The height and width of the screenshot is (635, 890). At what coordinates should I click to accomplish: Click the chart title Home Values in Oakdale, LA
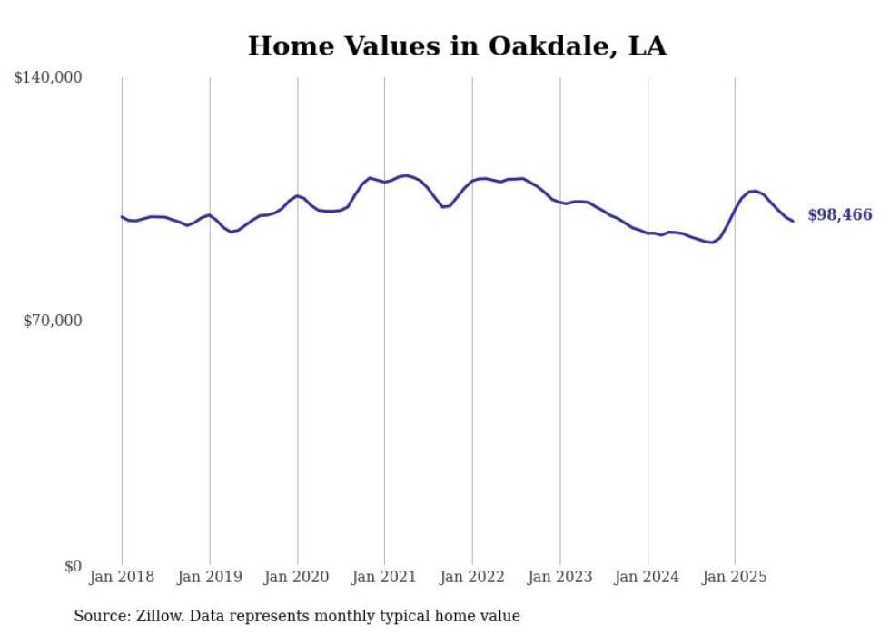click(457, 46)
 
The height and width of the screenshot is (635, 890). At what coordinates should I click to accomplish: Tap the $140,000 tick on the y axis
click(48, 78)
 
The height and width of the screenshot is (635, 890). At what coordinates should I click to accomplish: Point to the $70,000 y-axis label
click(52, 321)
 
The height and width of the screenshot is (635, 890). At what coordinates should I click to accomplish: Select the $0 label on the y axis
click(73, 566)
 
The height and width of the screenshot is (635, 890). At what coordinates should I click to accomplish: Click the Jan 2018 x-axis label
click(122, 577)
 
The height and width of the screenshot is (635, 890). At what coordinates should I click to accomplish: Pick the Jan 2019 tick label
click(210, 577)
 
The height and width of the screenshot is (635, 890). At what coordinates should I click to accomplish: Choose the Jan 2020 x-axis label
click(297, 577)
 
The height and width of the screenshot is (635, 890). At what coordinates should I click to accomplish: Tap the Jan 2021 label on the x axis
click(384, 577)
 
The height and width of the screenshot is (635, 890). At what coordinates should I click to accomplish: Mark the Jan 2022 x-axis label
click(472, 577)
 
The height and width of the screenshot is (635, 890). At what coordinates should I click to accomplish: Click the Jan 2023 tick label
click(559, 577)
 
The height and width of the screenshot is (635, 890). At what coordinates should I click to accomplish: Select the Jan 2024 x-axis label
click(648, 577)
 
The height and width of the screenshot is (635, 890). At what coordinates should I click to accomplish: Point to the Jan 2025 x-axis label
click(735, 577)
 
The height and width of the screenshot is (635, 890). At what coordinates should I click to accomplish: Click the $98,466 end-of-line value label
click(839, 215)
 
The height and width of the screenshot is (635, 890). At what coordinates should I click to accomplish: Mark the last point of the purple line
click(793, 221)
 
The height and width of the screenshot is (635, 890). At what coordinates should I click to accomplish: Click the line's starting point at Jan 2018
click(122, 216)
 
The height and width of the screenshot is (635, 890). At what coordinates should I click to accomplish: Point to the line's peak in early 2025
click(753, 191)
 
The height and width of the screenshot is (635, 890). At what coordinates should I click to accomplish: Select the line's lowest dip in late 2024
click(711, 243)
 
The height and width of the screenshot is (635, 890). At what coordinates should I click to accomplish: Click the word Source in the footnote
click(101, 616)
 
